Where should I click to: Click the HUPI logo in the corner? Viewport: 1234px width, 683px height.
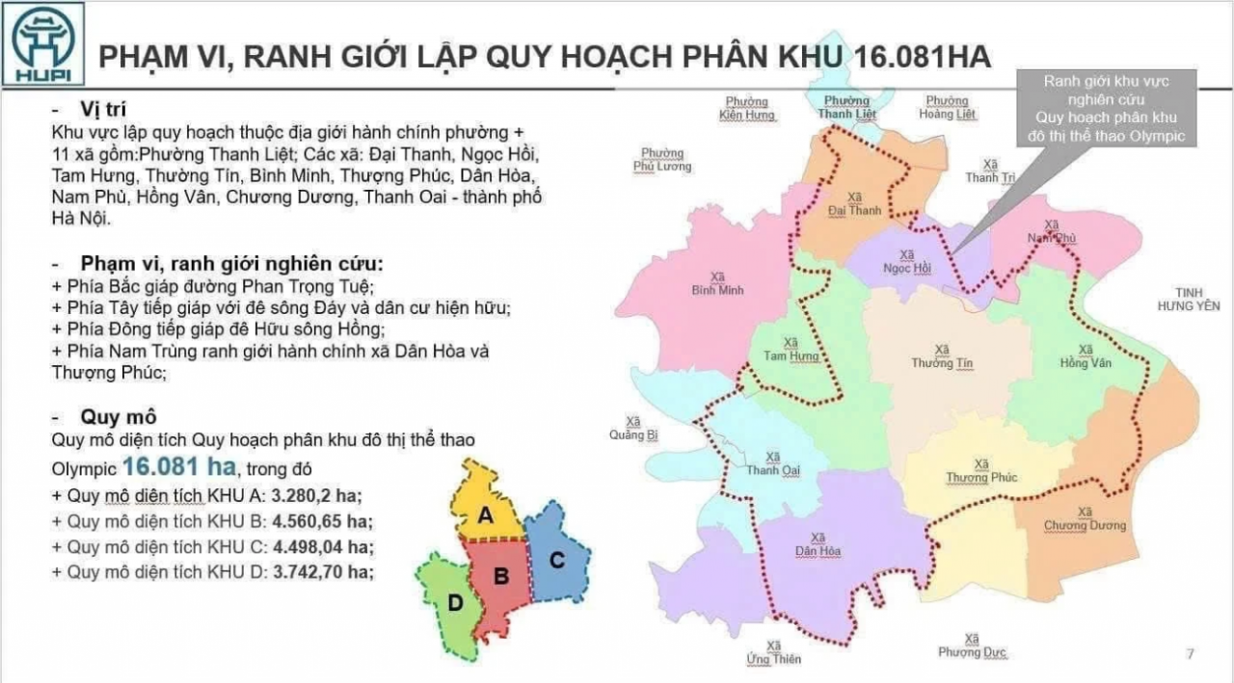[x=43, y=43]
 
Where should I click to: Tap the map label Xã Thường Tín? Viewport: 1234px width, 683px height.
[x=943, y=356]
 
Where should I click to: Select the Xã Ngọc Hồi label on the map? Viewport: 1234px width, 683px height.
[x=907, y=262]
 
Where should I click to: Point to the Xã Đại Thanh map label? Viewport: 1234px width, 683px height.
[x=854, y=204]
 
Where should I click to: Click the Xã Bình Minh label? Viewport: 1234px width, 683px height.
[x=711, y=283]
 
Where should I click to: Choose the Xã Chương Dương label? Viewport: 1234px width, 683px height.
[x=1085, y=518]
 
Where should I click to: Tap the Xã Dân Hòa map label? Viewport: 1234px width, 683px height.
[x=818, y=544]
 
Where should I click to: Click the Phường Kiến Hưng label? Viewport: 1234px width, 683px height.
[x=746, y=108]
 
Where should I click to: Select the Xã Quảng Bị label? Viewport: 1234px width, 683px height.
[x=633, y=429]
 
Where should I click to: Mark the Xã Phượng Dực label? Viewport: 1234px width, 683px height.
[x=972, y=645]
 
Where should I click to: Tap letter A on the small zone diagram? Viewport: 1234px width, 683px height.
[x=486, y=515]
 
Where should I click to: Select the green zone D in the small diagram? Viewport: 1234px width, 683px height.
[x=453, y=604]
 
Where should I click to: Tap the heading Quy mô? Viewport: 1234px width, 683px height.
[x=119, y=416]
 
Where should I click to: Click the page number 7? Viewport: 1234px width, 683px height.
[x=1190, y=655]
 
